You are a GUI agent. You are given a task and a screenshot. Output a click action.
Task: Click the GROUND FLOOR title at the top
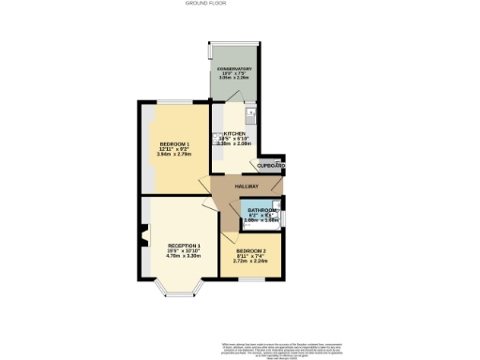coord(239,4)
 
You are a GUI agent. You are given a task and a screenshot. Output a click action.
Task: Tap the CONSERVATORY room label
coord(235,69)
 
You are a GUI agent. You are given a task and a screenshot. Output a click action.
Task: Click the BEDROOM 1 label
coord(174,143)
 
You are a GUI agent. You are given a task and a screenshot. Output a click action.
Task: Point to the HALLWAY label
coord(247,187)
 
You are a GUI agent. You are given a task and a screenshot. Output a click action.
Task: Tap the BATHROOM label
coord(262,210)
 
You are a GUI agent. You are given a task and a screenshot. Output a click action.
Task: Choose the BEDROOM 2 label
coord(249,252)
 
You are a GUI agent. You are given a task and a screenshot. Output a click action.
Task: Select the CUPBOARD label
coord(273,167)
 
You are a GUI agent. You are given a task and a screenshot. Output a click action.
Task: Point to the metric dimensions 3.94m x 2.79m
coord(174,155)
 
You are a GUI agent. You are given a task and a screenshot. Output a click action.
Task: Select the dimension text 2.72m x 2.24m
coord(249,262)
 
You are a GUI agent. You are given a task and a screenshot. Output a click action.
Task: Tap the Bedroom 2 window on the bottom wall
coord(250,278)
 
